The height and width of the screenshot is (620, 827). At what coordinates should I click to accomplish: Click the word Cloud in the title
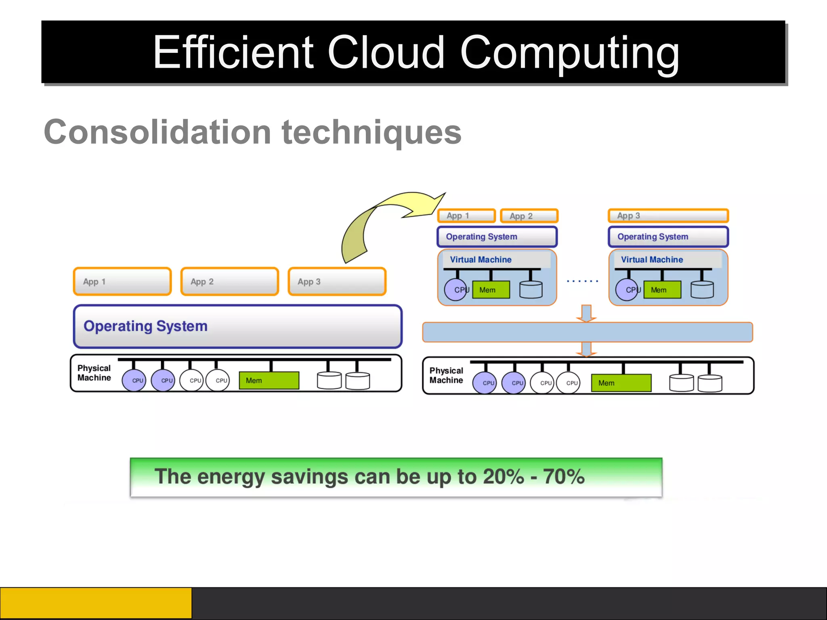386,52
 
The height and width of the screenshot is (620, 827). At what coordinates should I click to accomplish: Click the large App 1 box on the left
122,282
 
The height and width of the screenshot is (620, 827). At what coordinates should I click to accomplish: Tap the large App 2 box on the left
229,282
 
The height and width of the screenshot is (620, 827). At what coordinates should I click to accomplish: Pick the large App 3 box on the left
337,282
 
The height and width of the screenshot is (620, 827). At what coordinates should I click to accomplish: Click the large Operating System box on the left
237,326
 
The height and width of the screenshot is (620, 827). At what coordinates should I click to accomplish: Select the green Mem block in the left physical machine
269,381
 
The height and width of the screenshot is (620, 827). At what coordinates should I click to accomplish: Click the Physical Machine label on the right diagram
446,375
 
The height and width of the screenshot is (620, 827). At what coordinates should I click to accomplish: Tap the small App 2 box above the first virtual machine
529,216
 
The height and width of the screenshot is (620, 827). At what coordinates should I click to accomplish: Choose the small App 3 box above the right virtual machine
668,216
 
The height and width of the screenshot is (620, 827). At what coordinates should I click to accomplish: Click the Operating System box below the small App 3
668,237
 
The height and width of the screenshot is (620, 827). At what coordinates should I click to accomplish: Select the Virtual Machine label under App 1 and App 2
481,260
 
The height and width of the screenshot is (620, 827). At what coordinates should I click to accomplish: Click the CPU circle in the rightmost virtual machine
627,290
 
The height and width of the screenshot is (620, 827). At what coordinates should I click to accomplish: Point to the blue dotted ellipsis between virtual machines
582,281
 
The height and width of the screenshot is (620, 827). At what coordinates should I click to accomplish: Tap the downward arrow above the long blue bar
586,313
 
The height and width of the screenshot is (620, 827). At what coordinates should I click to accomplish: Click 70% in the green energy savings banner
564,477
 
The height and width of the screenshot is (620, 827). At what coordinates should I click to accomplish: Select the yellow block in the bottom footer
96,603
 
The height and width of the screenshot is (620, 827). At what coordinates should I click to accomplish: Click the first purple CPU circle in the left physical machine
134,381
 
